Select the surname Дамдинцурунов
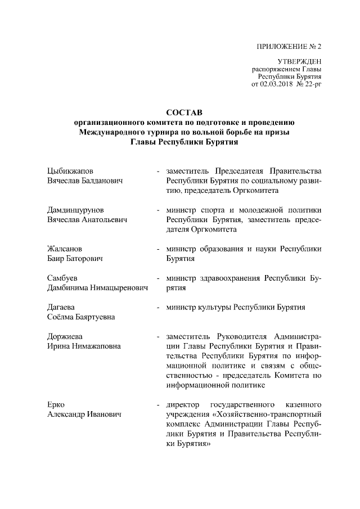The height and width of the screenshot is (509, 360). tap(75, 209)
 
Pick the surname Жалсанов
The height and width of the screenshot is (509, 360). tap(65, 249)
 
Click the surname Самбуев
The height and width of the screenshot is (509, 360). tap(62, 278)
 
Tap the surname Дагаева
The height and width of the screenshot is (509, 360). tap(63, 307)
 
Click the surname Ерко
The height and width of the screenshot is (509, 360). tap(56, 405)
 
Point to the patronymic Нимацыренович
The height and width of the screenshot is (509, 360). tap(120, 288)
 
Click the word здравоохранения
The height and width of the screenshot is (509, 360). tap(230, 278)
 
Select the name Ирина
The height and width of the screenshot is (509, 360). tap(58, 346)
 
